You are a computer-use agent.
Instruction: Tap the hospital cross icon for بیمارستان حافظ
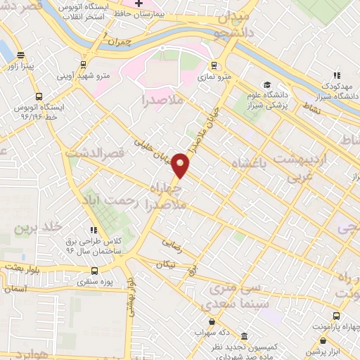pyautogui.click(x=139, y=4)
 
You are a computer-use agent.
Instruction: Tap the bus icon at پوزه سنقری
pyautogui.click(x=96, y=270)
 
